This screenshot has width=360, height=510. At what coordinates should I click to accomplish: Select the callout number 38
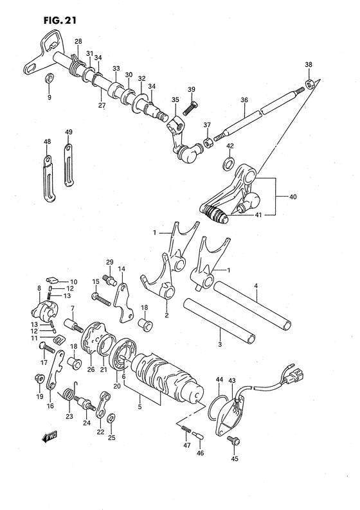[309, 65]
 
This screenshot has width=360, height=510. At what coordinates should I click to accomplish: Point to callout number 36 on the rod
[244, 100]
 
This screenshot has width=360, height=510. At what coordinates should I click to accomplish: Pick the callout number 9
[48, 98]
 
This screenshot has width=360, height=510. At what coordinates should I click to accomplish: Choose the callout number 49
[69, 132]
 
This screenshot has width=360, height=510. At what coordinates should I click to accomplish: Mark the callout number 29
[109, 261]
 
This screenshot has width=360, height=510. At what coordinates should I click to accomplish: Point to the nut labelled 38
[310, 84]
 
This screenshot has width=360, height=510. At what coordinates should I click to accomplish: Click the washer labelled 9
[49, 80]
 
